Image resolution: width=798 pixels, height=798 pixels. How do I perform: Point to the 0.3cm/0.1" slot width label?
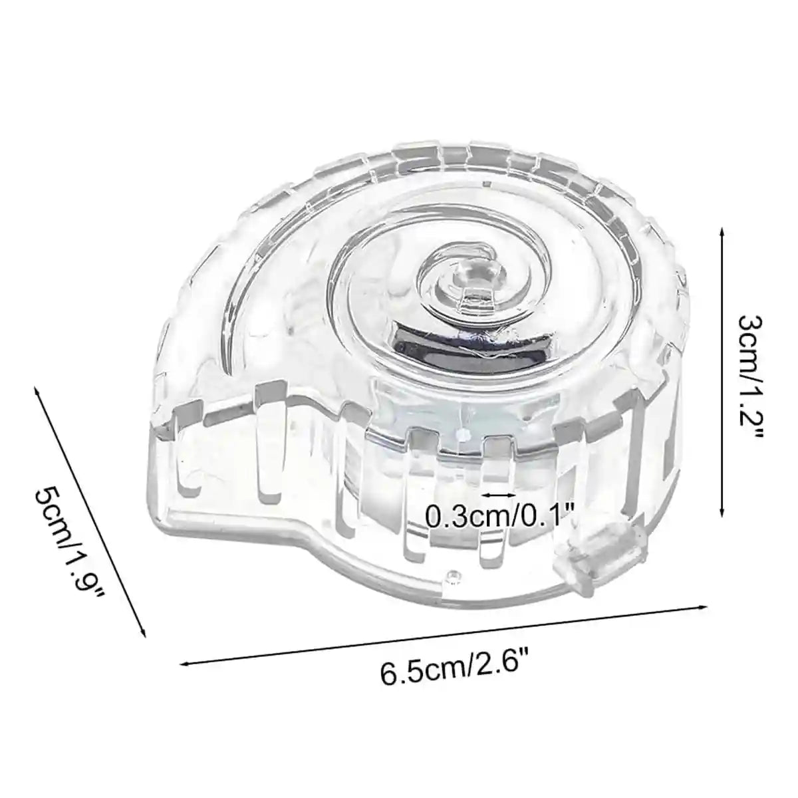coord(499,515)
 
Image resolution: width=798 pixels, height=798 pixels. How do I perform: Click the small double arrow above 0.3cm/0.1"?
coord(499,495)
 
